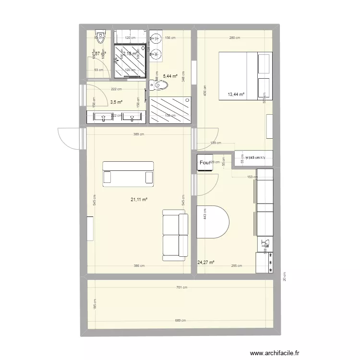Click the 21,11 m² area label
pyautogui.click(x=139, y=200)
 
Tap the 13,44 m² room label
pyautogui.click(x=236, y=95)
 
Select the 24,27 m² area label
pyautogui.click(x=205, y=263)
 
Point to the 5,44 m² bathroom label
pyautogui.click(x=170, y=76)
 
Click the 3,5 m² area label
pyautogui.click(x=116, y=102)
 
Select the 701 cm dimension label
pyautogui.click(x=181, y=288)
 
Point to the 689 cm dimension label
pyautogui.click(x=181, y=320)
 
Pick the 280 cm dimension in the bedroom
pyautogui.click(x=235, y=38)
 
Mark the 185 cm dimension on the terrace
pyautogui.click(x=94, y=304)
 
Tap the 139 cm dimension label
pyautogui.click(x=216, y=143)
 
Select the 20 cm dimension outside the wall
pyautogui.click(x=284, y=276)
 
